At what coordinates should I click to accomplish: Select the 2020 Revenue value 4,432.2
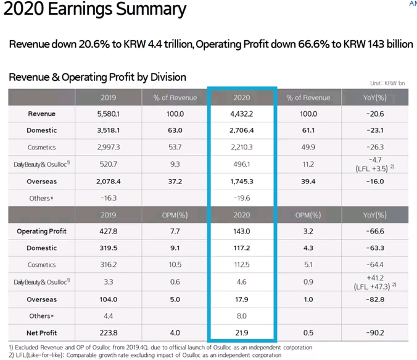coord(241,114)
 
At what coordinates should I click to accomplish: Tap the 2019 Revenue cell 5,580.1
coord(108,114)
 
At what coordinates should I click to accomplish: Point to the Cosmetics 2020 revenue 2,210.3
coord(241,148)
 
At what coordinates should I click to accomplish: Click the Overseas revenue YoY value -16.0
coord(374,182)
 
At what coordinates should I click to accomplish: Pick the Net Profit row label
coord(41,333)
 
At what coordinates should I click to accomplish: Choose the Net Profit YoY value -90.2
coord(374,333)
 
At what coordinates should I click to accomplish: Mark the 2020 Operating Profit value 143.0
coord(241,232)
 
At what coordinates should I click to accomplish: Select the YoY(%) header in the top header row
coord(374,98)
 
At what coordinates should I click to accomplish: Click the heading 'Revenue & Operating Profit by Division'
coord(97,78)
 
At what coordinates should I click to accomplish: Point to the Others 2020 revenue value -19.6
coord(241,198)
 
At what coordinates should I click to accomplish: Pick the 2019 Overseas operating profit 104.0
coord(108,299)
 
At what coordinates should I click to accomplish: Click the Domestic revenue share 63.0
coord(175,131)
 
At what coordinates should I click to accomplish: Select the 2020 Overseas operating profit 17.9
coord(241,299)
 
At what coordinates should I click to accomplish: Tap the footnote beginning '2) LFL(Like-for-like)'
coord(144,355)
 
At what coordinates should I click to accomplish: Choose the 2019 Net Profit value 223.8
coord(108,333)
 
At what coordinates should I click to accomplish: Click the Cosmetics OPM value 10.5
coord(175,266)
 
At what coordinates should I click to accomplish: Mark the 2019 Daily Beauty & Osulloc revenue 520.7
coord(108,164)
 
